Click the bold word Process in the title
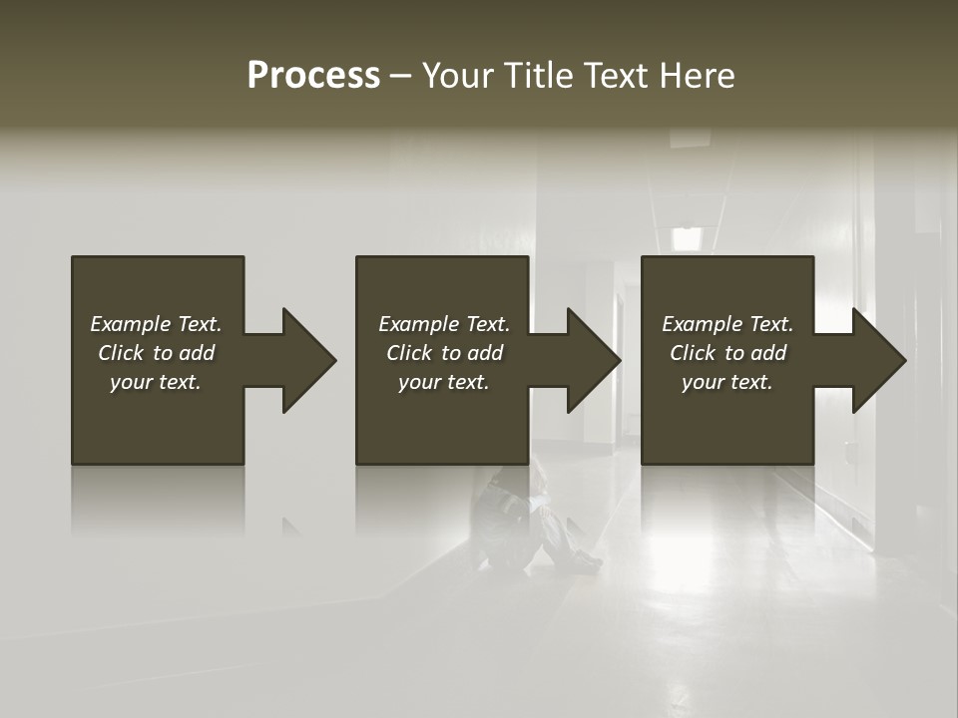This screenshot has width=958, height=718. (x=313, y=76)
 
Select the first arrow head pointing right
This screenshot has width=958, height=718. (x=303, y=360)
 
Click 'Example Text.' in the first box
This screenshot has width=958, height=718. (x=156, y=324)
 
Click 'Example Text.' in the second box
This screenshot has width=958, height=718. (x=444, y=324)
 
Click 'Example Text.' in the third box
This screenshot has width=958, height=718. (x=727, y=324)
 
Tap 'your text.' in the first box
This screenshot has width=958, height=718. (x=156, y=382)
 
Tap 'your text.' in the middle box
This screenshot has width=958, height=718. (x=444, y=382)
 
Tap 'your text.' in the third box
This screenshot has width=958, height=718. (x=727, y=382)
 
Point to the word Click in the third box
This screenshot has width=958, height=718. (x=694, y=353)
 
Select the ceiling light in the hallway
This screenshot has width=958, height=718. (x=687, y=238)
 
